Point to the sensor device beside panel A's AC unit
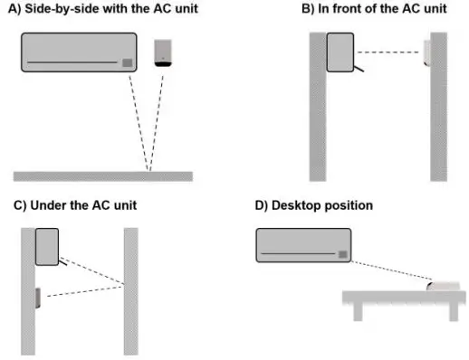click(x=164, y=52)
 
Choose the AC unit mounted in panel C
click(x=47, y=247)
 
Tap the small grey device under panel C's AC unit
click(x=37, y=298)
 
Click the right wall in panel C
click(x=130, y=289)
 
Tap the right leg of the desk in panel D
click(x=447, y=310)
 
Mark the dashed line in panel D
click(x=389, y=270)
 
